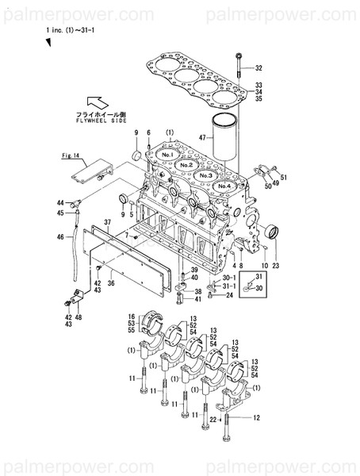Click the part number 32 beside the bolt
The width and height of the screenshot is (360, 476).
point(259,67)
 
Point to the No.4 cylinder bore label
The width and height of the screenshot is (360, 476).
point(224,185)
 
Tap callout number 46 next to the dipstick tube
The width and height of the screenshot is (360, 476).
point(59,236)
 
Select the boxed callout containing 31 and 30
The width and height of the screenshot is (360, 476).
point(254,282)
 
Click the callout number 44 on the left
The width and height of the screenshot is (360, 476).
point(59,204)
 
